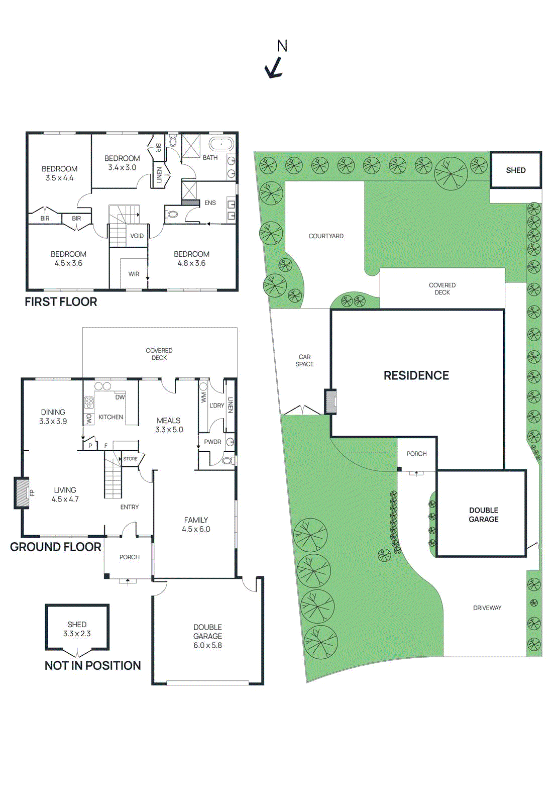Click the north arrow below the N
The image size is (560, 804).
pos(274,68)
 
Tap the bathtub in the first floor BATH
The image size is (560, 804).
pos(221,144)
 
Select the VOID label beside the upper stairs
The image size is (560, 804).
pos(137,236)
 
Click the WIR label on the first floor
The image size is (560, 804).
pos(134,274)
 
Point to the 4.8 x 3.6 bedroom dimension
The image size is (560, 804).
pos(191,263)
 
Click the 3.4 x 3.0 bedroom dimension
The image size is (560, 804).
pos(122,168)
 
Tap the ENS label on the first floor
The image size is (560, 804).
pos(210,203)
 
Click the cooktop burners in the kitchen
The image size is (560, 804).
pos(89,403)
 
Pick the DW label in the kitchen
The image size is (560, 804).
pos(120,397)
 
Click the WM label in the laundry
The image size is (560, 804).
pos(203,397)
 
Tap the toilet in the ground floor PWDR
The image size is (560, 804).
pos(228,460)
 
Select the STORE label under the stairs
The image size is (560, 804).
pos(130,459)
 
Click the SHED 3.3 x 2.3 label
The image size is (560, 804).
pos(77,629)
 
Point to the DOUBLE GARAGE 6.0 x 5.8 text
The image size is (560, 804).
pos(207,636)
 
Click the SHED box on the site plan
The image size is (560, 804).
pos(516,170)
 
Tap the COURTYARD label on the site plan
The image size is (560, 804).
pos(326,236)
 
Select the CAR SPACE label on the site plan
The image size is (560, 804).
pos(304,360)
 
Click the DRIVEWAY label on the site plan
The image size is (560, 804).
pos(487,608)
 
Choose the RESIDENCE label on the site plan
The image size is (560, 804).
pos(416,375)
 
